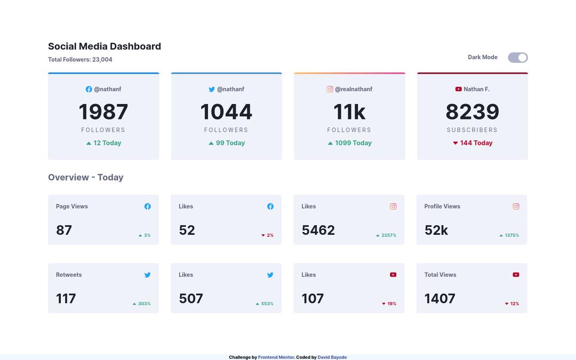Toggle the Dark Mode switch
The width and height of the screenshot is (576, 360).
(517, 58)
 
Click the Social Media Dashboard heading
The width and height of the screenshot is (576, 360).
(105, 46)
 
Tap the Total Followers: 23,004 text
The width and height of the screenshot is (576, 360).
(80, 60)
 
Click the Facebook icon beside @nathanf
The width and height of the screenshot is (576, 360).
(89, 90)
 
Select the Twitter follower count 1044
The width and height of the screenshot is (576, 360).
(226, 112)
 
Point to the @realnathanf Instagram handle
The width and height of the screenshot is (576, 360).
(353, 90)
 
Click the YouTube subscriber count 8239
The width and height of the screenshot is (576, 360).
(472, 112)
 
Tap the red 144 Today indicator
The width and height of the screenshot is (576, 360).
(473, 143)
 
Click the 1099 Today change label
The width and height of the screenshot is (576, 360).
(350, 143)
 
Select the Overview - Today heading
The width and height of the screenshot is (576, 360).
(86, 178)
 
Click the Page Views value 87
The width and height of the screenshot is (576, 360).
(64, 230)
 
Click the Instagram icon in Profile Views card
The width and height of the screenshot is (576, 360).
(516, 206)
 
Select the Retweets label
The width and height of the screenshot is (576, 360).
(69, 275)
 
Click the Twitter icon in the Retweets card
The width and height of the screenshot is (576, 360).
(147, 275)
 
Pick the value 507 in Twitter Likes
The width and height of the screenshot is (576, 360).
(191, 299)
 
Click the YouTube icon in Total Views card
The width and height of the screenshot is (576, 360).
(516, 275)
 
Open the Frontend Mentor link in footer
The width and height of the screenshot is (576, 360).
(276, 357)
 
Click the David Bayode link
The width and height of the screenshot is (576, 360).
(332, 357)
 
